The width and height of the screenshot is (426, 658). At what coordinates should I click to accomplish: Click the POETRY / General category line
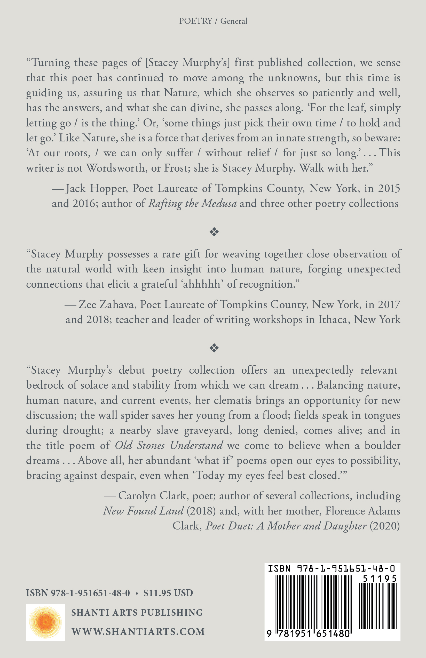pyautogui.click(x=213, y=21)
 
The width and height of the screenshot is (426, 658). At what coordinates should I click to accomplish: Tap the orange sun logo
pyautogui.click(x=45, y=622)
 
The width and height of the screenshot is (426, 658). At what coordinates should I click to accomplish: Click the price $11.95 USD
pyautogui.click(x=168, y=593)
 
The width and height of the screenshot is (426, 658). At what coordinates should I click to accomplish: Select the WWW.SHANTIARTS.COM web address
pyautogui.click(x=138, y=632)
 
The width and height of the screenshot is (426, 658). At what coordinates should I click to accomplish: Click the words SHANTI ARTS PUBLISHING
pyautogui.click(x=137, y=612)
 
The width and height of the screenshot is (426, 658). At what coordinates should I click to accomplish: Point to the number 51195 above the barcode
pyautogui.click(x=380, y=579)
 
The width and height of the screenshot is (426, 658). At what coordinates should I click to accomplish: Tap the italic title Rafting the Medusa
pyautogui.click(x=193, y=204)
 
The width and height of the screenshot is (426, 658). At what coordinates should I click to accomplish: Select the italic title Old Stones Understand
pyautogui.click(x=169, y=445)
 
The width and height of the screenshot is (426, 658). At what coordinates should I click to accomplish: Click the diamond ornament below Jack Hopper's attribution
pyautogui.click(x=214, y=232)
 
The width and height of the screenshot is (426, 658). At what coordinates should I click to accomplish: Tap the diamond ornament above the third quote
pyautogui.click(x=214, y=348)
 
